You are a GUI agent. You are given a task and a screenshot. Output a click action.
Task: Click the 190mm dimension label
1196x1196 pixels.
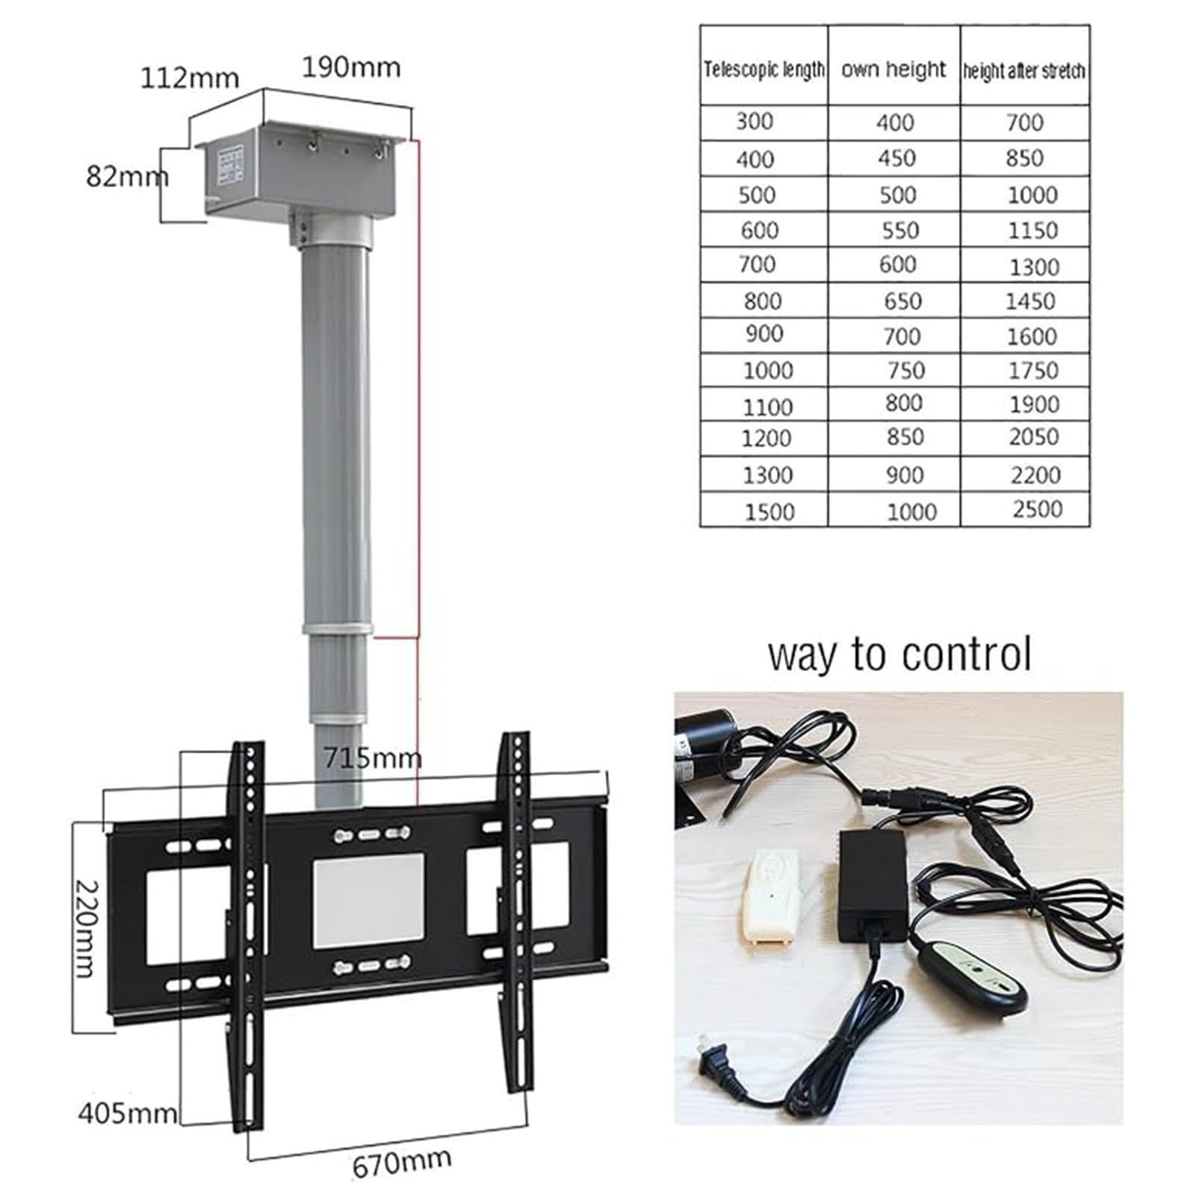click(351, 67)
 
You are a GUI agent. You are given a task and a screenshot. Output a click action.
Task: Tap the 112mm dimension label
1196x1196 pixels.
click(190, 78)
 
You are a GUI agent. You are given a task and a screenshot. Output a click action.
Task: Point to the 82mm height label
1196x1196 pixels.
click(128, 176)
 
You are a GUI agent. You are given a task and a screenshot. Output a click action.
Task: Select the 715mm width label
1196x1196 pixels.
click(372, 758)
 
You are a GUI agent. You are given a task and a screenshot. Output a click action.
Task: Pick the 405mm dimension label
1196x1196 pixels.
click(128, 1115)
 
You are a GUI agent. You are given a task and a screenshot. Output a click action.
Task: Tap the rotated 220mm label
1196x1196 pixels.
click(87, 929)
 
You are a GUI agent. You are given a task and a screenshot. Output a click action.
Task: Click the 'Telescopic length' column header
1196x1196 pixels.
click(764, 69)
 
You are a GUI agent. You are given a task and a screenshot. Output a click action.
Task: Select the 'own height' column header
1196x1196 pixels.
click(893, 69)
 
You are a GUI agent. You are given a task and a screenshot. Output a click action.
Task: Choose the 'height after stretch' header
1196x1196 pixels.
click(1024, 71)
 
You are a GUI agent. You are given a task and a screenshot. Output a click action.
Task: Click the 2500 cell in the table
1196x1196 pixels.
click(1038, 509)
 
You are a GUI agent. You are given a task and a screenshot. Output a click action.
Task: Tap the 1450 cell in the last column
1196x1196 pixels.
click(1030, 301)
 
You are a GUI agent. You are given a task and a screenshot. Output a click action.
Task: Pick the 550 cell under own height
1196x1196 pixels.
click(899, 230)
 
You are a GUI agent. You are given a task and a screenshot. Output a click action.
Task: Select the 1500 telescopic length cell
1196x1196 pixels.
click(769, 512)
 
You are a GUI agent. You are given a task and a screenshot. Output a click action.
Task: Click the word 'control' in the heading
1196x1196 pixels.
click(966, 654)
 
